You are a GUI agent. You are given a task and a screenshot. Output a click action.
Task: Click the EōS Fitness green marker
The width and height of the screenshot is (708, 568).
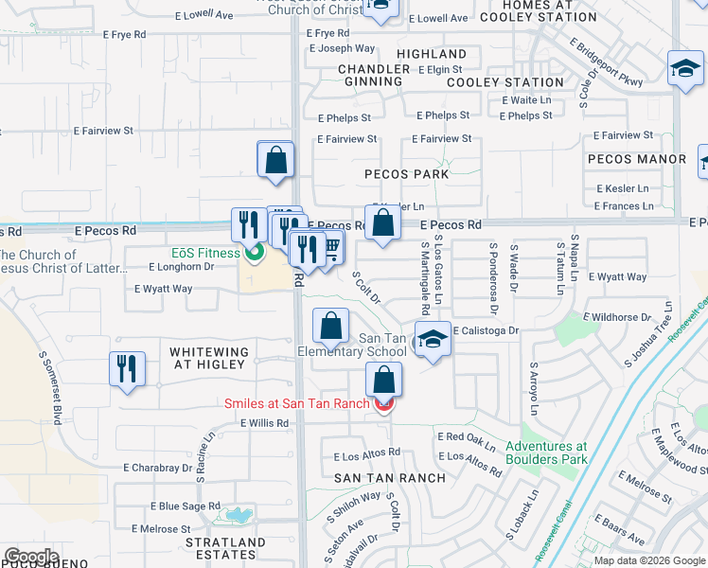click(253, 253)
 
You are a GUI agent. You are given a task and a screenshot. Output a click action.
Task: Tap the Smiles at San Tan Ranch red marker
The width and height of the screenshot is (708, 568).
click(383, 405)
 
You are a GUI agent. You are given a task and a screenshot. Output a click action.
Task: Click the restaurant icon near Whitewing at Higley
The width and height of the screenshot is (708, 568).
click(127, 368)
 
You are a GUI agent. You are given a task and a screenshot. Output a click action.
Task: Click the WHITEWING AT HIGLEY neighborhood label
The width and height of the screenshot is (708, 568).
click(209, 359)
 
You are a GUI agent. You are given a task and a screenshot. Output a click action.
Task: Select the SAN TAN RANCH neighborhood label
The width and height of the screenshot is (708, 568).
click(390, 478)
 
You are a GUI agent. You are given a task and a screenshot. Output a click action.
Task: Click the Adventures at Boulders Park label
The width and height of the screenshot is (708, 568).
click(546, 453)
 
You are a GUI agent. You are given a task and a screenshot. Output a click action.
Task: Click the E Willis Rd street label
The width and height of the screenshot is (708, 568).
click(264, 423)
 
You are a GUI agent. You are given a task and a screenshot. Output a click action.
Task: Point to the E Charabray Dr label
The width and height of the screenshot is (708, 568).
click(158, 468)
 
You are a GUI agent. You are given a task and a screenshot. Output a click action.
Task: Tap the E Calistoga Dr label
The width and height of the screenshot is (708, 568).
click(487, 330)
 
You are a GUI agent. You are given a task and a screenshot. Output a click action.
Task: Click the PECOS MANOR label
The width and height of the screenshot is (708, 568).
click(636, 159)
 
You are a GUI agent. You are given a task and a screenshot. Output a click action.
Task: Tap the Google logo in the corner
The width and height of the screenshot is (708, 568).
click(31, 557)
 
